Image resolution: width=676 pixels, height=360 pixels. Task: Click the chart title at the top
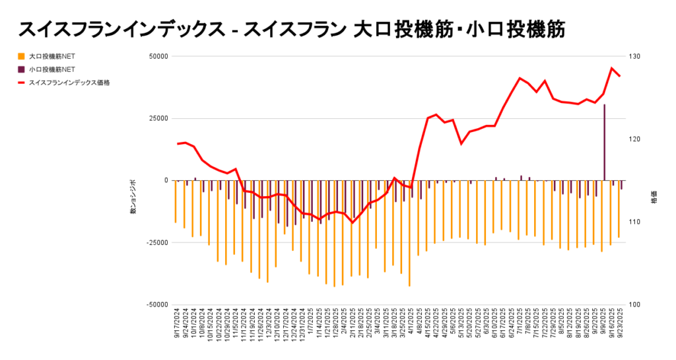pyautogui.click(x=291, y=29)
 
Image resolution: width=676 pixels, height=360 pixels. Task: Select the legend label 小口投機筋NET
pyautogui.click(x=52, y=69)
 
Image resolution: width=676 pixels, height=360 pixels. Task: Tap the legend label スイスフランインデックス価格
pyautogui.click(x=69, y=83)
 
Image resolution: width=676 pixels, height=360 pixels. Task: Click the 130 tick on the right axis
pyautogui.click(x=634, y=56)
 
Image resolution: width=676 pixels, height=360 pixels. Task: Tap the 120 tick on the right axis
pyautogui.click(x=634, y=139)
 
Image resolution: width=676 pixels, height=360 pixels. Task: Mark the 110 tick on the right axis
pyautogui.click(x=634, y=222)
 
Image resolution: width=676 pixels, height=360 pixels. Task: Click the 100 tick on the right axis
pyautogui.click(x=634, y=305)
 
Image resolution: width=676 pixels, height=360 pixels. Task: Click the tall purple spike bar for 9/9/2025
pyautogui.click(x=605, y=142)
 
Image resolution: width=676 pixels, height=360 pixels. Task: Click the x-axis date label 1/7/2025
pyautogui.click(x=311, y=324)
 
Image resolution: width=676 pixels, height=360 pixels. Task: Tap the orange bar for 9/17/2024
pyautogui.click(x=175, y=201)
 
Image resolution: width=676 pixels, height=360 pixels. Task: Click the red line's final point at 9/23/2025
pyautogui.click(x=619, y=76)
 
